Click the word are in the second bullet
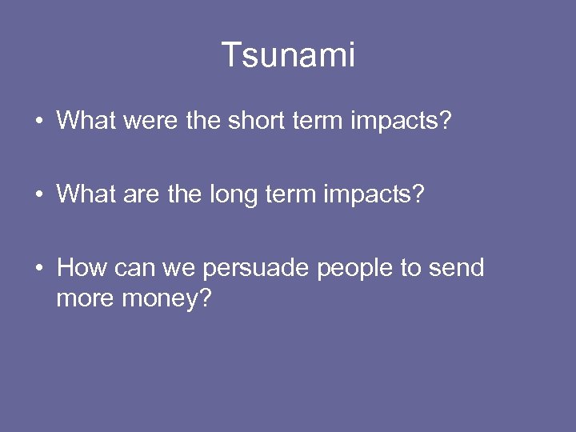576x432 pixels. click(146, 194)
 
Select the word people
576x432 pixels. click(356, 268)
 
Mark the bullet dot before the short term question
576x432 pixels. click(39, 122)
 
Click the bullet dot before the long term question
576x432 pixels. click(39, 195)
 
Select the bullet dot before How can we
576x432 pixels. click(39, 269)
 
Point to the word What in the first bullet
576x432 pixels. click(87, 122)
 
